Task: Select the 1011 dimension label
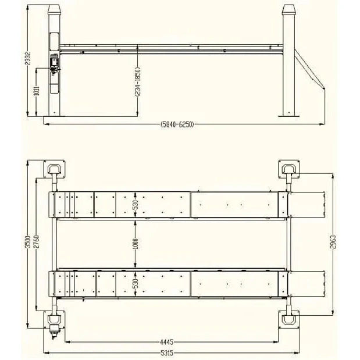tap(36, 91)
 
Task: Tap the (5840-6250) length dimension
tap(177, 124)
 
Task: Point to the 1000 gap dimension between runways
tap(136, 245)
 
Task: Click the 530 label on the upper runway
tap(136, 205)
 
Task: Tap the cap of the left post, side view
tap(55, 10)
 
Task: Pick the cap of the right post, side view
tap(289, 10)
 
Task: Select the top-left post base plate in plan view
tap(55, 170)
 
